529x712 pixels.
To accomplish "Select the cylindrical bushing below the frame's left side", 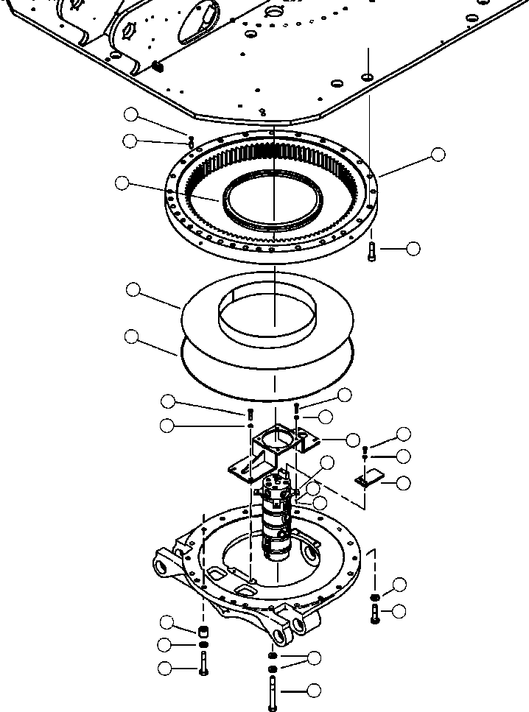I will pos(203,631).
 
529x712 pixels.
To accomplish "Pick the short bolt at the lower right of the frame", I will pos(375,613).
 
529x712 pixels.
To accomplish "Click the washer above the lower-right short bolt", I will pos(375,596).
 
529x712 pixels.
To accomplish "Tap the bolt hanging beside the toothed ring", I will pos(371,253).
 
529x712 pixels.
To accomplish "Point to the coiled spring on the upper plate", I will pos(157,67).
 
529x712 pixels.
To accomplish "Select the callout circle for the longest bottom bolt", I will pos(314,691).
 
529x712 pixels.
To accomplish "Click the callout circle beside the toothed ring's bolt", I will pos(413,249).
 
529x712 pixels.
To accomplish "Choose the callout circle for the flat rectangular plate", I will pos(403,483).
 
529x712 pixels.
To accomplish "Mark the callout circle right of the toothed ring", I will pos(438,155).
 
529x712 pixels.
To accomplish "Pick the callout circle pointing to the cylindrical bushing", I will pos(167,622).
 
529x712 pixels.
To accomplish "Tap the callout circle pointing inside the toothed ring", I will pos(122,183).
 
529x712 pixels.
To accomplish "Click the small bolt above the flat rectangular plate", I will pos(365,450).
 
